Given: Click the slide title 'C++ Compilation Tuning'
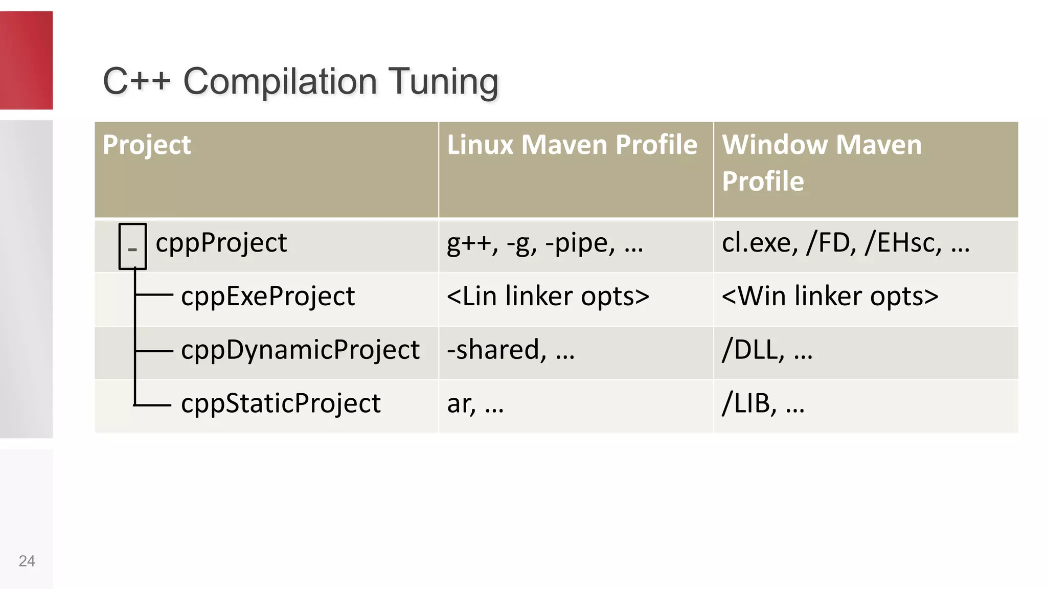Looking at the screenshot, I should tap(301, 81).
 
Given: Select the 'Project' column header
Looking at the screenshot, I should tap(147, 145).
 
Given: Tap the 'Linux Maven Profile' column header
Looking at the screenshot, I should tap(572, 145).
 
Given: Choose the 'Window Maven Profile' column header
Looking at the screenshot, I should tap(822, 163).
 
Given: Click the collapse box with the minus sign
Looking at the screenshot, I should tap(132, 246).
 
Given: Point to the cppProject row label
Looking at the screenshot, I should tap(221, 243).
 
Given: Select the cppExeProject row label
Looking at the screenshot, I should tap(268, 297).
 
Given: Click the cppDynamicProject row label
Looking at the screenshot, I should tap(300, 350).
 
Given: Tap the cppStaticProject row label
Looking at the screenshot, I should tap(281, 404).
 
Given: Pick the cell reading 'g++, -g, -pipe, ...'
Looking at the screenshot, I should tap(545, 243).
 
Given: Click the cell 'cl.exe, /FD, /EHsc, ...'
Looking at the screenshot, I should tap(846, 243).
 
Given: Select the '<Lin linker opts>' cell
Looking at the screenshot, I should tap(548, 297).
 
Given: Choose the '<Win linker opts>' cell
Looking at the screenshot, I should tap(830, 297).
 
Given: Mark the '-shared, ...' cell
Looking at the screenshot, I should tap(511, 350).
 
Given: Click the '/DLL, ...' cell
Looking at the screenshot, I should tap(767, 350).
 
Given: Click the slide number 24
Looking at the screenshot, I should tap(27, 561).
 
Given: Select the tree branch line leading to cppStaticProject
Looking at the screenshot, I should tap(153, 405).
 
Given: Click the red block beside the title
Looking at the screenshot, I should tap(26, 60).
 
